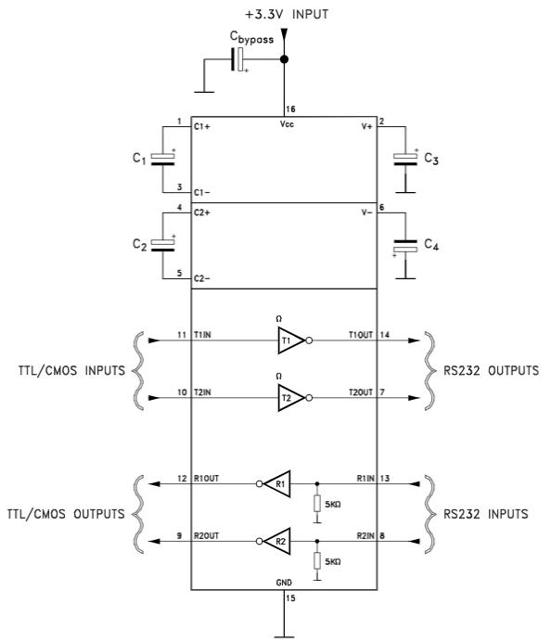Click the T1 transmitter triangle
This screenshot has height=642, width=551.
[x=290, y=340]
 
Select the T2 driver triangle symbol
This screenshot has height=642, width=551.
[x=290, y=398]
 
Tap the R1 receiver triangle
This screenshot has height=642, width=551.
[x=278, y=484]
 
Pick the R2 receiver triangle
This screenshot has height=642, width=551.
[x=278, y=541]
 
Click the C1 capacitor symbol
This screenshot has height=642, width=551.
[x=163, y=160]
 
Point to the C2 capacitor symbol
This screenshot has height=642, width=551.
[x=163, y=245]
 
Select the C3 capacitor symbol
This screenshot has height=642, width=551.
[x=405, y=160]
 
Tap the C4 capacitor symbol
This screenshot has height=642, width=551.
[x=405, y=247]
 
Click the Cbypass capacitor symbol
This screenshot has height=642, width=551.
[x=238, y=59]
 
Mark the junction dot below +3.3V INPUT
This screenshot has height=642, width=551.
[x=284, y=59]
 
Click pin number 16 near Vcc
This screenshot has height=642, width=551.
[x=290, y=109]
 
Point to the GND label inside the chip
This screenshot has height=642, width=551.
[x=284, y=583]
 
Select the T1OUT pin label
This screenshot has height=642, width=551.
[x=361, y=335]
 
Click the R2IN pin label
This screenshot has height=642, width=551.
[x=365, y=536]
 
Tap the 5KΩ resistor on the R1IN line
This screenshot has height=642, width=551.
[x=317, y=503]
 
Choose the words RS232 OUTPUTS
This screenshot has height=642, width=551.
[x=492, y=370]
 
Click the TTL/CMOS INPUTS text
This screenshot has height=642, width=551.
[x=71, y=370]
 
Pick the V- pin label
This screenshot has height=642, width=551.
[x=366, y=212]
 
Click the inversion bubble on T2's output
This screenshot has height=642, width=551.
[x=309, y=398]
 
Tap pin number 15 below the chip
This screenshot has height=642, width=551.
[x=290, y=598]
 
